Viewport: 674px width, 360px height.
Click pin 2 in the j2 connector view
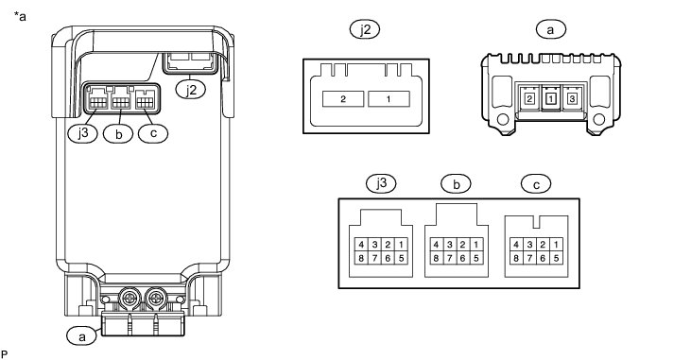(343, 99)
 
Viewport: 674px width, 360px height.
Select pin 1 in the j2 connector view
(389, 99)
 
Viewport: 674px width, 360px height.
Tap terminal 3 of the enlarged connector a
(572, 99)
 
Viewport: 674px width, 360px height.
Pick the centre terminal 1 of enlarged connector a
(551, 99)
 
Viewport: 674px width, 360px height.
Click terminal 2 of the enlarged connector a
(529, 99)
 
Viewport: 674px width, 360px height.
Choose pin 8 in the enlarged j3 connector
(361, 259)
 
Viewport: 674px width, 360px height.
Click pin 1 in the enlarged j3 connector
(401, 245)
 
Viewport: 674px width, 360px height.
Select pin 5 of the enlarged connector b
(475, 259)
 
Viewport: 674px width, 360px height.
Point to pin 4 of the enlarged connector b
(437, 245)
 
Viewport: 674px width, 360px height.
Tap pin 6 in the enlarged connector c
(543, 259)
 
